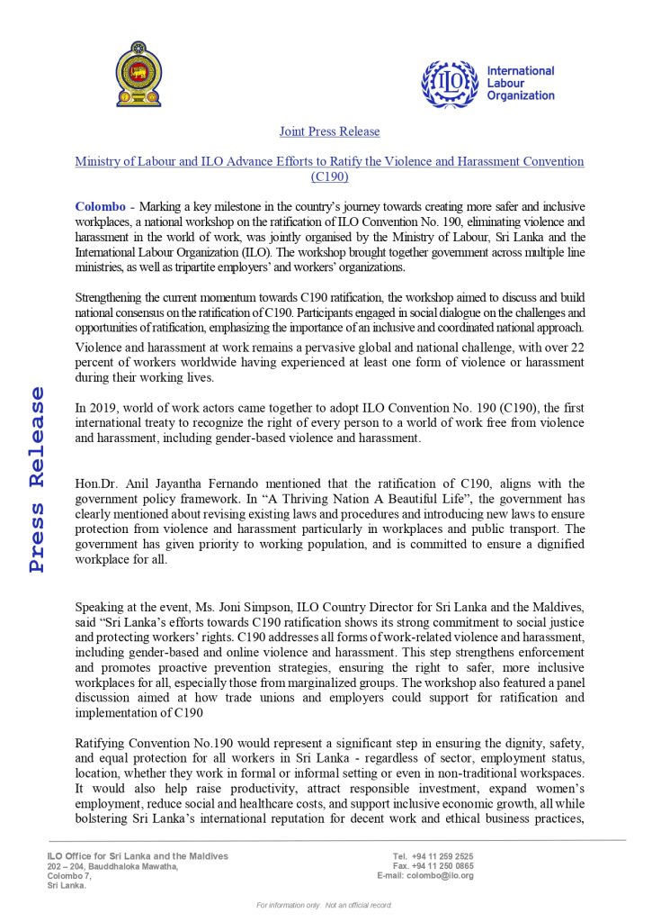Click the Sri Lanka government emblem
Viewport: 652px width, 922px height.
[x=138, y=75]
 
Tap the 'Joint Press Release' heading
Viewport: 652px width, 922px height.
[x=329, y=131]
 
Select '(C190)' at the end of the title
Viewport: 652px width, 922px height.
[x=329, y=176]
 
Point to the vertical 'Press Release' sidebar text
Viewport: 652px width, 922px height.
[x=37, y=479]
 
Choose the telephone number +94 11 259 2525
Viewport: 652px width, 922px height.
[x=443, y=855]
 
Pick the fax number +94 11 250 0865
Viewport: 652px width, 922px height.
[x=444, y=865]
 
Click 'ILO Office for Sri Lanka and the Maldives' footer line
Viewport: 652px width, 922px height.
[x=138, y=855]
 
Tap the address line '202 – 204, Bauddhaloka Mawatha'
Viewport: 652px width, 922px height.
[x=112, y=866]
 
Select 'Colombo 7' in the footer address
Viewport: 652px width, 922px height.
[x=68, y=875]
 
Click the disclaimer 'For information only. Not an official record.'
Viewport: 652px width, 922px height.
[x=325, y=904]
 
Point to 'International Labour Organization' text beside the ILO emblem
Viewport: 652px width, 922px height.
[x=520, y=83]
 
